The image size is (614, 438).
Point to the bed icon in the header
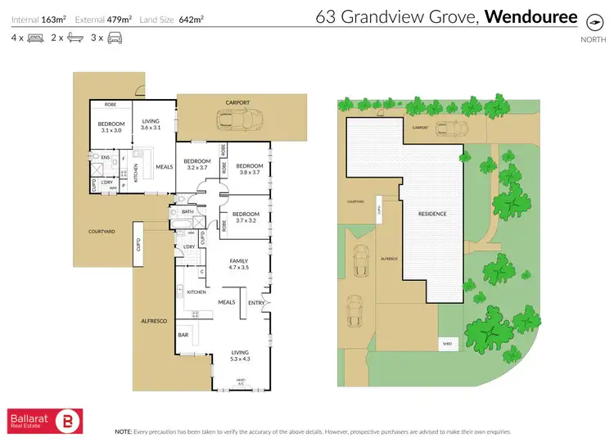tap(35, 38)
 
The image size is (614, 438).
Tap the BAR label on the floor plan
tap(184, 335)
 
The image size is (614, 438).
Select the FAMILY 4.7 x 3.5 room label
tap(238, 264)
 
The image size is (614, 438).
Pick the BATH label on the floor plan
tap(187, 211)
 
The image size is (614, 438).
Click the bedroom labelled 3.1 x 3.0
tap(110, 127)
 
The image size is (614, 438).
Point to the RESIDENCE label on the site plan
tap(432, 214)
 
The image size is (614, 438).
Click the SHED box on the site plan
tap(447, 344)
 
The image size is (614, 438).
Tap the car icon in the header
tap(115, 38)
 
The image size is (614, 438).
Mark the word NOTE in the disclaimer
tap(124, 431)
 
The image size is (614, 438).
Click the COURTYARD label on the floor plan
tap(102, 232)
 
